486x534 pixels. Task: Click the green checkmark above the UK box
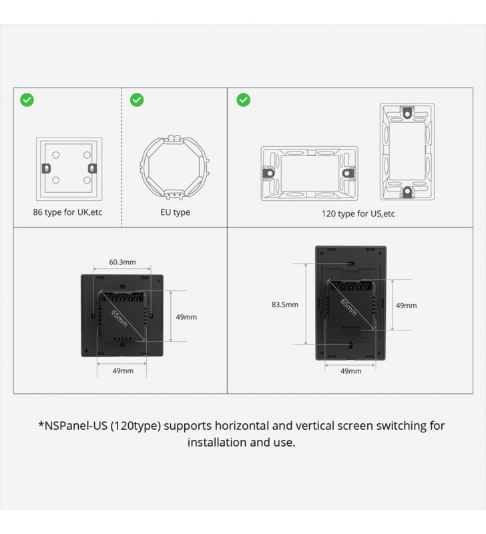click(27, 99)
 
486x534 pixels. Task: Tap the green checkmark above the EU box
click(137, 99)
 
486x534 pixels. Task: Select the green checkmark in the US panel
click(243, 99)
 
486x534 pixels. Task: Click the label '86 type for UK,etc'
click(67, 212)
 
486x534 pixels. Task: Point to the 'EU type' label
click(175, 212)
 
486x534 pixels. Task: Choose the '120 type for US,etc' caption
click(358, 214)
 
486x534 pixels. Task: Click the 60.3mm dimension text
click(122, 262)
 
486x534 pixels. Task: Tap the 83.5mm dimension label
click(284, 304)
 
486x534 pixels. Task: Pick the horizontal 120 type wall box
click(309, 174)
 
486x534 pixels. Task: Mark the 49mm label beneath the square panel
click(123, 370)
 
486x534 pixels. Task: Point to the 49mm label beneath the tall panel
click(350, 371)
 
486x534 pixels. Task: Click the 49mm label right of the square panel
click(186, 317)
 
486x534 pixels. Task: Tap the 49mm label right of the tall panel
click(406, 306)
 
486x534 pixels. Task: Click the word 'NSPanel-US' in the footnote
click(73, 426)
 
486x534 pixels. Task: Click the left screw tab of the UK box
click(46, 168)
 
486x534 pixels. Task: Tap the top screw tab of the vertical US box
click(407, 112)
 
